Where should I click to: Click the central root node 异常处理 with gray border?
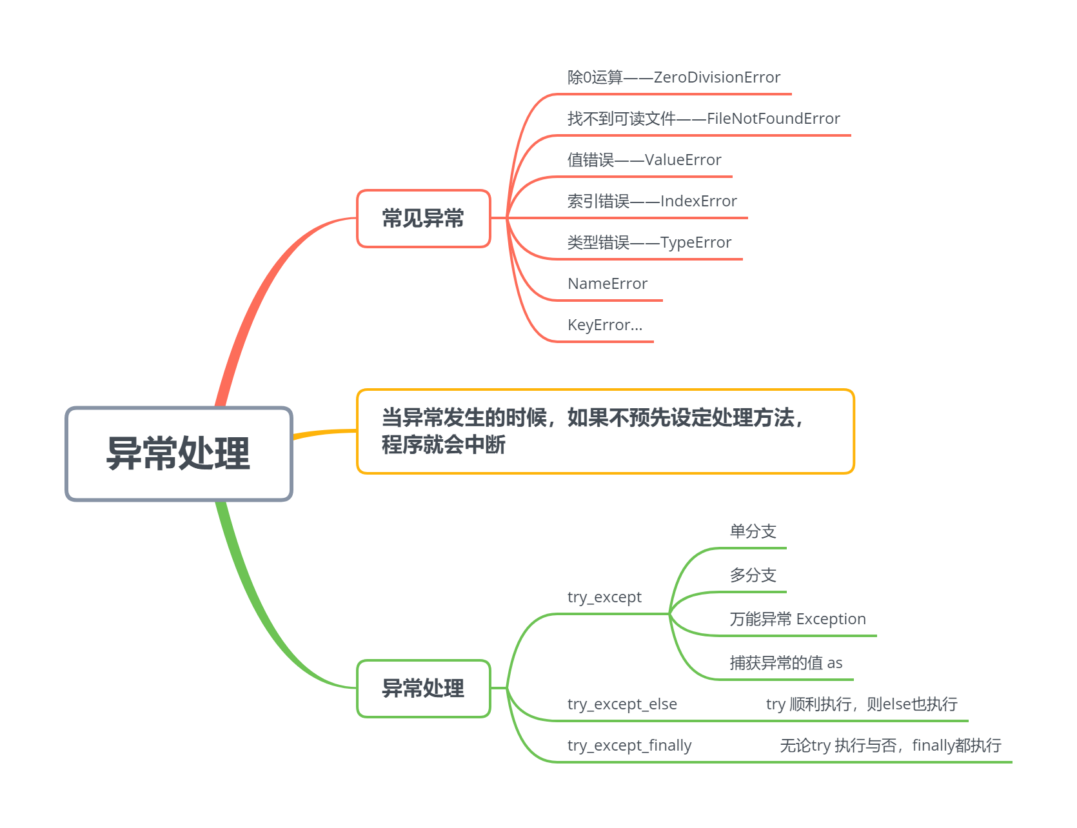tap(179, 453)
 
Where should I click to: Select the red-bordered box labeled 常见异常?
tap(423, 219)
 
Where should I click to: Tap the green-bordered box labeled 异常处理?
tap(423, 689)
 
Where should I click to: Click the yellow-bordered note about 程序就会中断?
tap(605, 431)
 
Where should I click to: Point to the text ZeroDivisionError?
tap(716, 78)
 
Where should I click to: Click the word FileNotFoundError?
tap(773, 119)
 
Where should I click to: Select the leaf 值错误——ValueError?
tap(644, 160)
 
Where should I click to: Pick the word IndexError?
tap(698, 202)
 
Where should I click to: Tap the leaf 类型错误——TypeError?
tap(649, 243)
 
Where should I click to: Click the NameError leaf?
tap(607, 284)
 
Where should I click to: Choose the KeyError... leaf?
tap(604, 326)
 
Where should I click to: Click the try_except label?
tap(604, 597)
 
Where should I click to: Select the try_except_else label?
tap(622, 704)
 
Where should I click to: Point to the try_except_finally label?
tap(629, 745)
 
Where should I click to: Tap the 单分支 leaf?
tap(753, 532)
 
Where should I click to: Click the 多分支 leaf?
tap(753, 575)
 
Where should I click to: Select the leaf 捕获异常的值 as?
tap(786, 663)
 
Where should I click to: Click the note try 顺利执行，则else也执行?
tap(861, 704)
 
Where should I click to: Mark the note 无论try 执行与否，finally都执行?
tap(890, 745)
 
